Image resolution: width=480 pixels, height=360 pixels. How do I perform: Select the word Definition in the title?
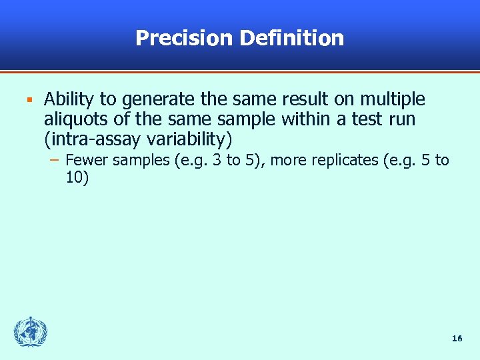[x=291, y=38]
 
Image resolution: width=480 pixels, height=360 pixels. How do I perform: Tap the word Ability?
[x=69, y=100]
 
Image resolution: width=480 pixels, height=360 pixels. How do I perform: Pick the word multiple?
[x=393, y=100]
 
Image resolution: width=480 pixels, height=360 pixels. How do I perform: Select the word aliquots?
[x=73, y=120]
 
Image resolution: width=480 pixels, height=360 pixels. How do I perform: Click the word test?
[x=361, y=120]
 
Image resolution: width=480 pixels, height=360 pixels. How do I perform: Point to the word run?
[x=401, y=120]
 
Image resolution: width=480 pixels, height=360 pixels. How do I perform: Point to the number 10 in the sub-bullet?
[x=77, y=177]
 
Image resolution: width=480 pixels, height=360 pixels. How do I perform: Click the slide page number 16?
[x=457, y=339]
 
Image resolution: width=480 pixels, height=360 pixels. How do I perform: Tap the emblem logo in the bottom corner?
[x=31, y=332]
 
